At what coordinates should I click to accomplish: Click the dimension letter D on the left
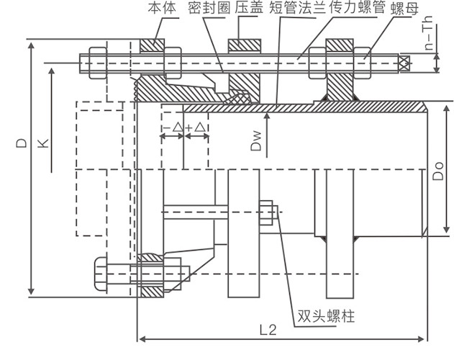(22, 143)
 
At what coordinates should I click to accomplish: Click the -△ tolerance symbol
(172, 128)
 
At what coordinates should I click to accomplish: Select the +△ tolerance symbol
(196, 128)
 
